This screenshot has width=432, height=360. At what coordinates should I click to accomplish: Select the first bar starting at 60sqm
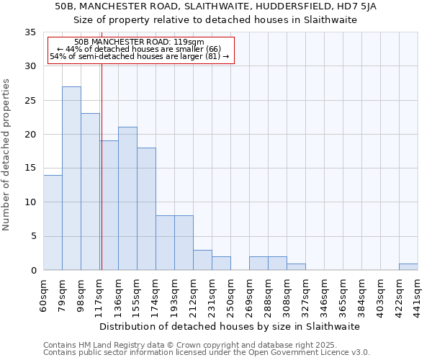tap(53, 222)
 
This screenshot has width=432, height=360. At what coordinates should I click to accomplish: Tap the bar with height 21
tap(127, 199)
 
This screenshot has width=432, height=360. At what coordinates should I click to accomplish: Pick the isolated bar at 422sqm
tap(408, 267)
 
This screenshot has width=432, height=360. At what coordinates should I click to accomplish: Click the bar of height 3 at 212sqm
tap(202, 260)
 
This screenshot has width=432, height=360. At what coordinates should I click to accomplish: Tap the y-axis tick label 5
tap(32, 236)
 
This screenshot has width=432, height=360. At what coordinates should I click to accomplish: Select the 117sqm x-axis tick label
tap(100, 294)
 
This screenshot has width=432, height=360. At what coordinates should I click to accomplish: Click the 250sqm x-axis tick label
tap(231, 294)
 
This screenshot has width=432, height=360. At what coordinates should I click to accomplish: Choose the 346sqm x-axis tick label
tap(325, 294)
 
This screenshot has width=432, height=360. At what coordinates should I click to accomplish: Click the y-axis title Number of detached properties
tap(7, 155)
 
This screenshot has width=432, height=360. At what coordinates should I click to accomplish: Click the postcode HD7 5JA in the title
tap(365, 6)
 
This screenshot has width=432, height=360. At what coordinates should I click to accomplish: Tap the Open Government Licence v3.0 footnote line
tap(207, 353)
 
